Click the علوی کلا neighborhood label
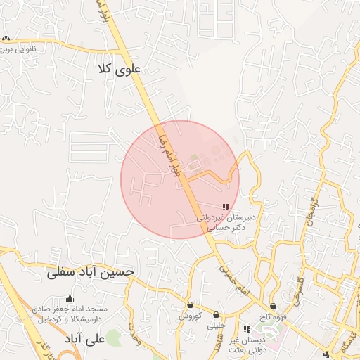point(122,69)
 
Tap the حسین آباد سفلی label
point(90,272)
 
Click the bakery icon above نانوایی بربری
point(6,39)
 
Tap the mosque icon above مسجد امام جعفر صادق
point(70,299)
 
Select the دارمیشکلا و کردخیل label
point(70,319)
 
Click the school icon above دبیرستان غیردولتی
point(225,207)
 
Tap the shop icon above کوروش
point(190,305)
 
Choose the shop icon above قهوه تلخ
point(273,306)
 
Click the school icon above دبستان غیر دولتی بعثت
point(246,329)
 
